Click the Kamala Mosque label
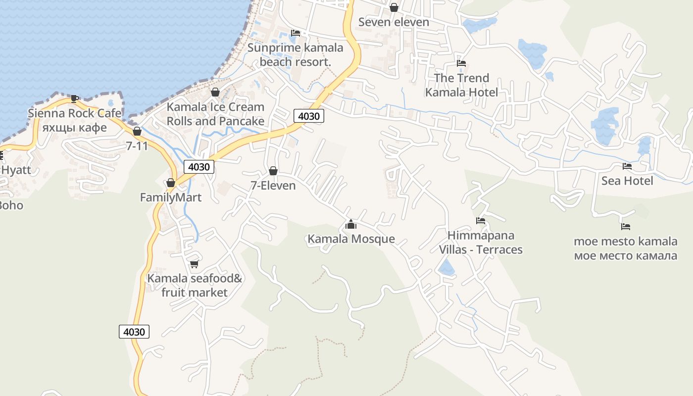tap(351, 239)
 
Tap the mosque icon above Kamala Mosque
tap(351, 225)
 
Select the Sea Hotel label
tap(627, 181)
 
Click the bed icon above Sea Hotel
tap(627, 166)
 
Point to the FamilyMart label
tap(171, 198)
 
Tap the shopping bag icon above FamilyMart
tap(171, 183)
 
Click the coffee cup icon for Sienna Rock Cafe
tap(75, 99)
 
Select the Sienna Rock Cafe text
tap(74, 113)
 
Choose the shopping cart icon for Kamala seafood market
tap(194, 264)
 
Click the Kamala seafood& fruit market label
tap(195, 285)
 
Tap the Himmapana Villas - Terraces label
tap(481, 243)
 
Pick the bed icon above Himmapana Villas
tap(480, 221)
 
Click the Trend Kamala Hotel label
tap(461, 85)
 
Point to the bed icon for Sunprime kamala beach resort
tap(296, 33)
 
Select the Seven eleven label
tap(394, 22)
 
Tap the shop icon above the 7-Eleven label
tap(273, 171)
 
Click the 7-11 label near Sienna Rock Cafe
tap(137, 146)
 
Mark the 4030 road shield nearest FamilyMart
tap(199, 167)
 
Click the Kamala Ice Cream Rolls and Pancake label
tap(215, 114)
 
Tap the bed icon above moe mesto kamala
tap(626, 227)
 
